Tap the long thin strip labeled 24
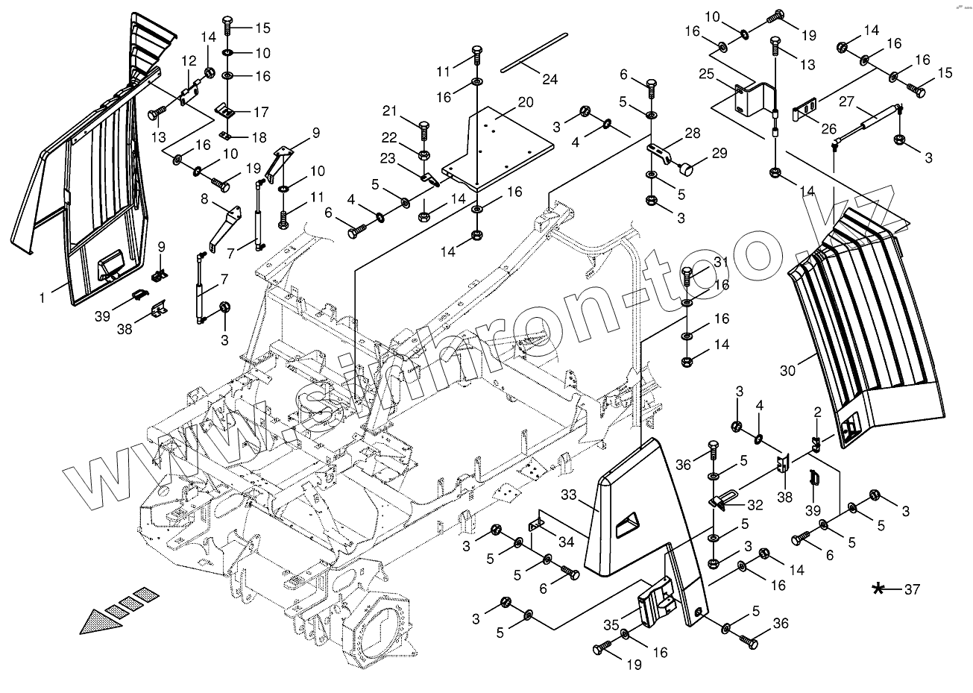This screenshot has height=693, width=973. (534, 51)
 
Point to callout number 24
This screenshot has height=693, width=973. (550, 80)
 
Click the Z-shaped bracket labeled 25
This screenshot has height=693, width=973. (749, 98)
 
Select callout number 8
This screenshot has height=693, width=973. (204, 199)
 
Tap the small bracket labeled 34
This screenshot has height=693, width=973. (538, 523)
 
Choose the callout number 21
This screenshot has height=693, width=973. (409, 111)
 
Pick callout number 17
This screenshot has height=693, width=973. (261, 113)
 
